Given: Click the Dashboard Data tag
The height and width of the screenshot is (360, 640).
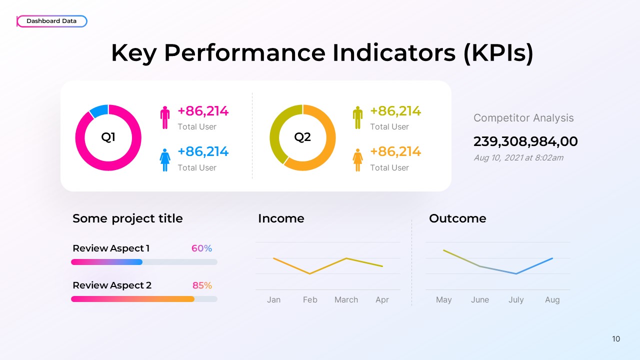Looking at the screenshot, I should click(51, 21).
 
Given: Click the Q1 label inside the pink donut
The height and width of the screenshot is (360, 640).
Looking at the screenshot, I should click(108, 137).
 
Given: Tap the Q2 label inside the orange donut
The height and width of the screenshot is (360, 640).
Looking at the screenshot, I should click(302, 137).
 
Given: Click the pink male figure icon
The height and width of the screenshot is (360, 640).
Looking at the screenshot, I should click(165, 117).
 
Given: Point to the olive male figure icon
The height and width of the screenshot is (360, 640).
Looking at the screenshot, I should click(357, 117).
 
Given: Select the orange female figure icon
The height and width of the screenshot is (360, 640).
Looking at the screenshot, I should click(357, 159).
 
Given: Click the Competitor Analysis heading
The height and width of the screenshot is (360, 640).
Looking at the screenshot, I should click(523, 118).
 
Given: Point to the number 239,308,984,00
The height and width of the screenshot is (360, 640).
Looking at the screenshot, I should click(525, 141).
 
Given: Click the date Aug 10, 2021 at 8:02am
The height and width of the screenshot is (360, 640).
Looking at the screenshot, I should click(518, 157).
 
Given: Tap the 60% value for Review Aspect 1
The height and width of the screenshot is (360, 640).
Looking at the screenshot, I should click(201, 248).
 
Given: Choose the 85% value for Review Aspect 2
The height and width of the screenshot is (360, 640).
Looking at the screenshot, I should click(202, 285).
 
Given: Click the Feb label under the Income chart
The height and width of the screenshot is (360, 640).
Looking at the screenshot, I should click(310, 299).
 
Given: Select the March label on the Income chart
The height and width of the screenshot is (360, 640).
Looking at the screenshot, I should click(346, 299).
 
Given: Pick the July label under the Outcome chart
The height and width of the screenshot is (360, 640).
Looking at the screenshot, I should click(516, 299).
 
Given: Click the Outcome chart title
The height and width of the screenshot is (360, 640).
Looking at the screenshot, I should click(457, 218).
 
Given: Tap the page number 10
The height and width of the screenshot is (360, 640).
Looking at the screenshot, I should click(616, 339).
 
